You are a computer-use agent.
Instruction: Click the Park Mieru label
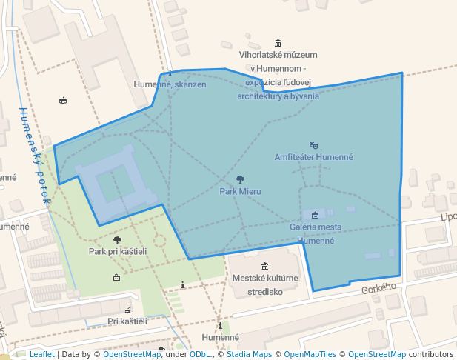[x=240, y=191]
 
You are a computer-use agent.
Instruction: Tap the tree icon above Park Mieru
[x=240, y=179]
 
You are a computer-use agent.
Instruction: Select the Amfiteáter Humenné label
[x=313, y=157]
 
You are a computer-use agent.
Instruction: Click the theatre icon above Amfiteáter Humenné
[x=313, y=145]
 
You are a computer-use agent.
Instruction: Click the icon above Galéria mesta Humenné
[x=315, y=215]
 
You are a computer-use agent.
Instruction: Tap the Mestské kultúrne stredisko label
[x=265, y=284]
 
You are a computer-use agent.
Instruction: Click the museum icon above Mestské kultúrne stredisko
[x=264, y=267]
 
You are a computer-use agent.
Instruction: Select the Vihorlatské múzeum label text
[x=278, y=75]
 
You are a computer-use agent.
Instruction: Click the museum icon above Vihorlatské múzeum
[x=278, y=43]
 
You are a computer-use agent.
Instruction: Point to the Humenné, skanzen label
[x=170, y=84]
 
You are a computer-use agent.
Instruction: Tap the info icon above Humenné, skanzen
[x=170, y=73]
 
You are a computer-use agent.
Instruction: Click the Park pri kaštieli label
[x=118, y=251]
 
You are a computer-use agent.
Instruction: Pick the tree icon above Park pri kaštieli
[x=117, y=240]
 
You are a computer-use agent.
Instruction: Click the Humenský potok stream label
[x=34, y=156]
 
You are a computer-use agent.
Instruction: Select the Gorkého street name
[x=379, y=287]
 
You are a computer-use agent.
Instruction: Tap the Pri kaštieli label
[x=127, y=321]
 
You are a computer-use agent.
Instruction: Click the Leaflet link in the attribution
[x=41, y=354]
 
